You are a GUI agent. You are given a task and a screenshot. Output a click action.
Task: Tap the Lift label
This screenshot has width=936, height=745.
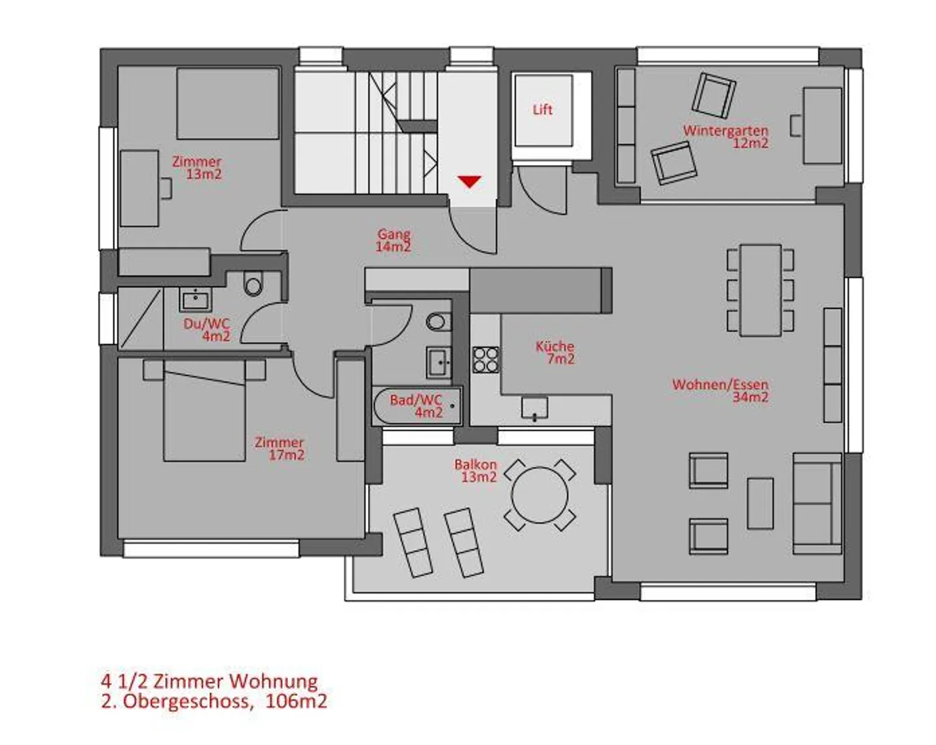click(542, 110)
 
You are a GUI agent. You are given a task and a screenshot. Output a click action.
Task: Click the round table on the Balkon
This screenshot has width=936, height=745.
click(539, 495)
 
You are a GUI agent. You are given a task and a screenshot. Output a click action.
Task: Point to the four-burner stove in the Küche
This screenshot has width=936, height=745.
click(486, 360)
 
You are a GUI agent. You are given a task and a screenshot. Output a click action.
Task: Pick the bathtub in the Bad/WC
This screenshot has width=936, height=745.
click(417, 406)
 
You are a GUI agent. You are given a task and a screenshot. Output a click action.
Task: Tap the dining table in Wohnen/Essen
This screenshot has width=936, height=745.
click(760, 290)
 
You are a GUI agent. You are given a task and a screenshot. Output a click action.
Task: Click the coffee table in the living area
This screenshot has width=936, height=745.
click(760, 503)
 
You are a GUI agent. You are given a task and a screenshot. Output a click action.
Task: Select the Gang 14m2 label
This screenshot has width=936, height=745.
click(394, 240)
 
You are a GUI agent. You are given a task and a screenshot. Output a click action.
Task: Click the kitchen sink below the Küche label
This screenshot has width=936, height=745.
click(534, 408)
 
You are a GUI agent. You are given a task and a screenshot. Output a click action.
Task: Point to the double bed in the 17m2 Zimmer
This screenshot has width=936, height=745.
click(204, 410)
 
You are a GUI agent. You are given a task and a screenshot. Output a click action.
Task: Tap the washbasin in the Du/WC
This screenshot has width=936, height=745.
click(195, 299)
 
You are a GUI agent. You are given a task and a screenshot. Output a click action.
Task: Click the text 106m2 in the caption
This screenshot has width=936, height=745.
click(296, 701)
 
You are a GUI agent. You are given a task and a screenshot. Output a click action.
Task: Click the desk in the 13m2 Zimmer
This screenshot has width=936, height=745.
click(139, 188)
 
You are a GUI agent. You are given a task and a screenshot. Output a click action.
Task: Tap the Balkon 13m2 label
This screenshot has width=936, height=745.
click(476, 470)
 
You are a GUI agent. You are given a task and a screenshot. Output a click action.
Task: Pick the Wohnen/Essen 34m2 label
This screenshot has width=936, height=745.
click(720, 391)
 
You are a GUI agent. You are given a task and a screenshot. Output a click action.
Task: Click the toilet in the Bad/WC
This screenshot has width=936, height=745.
click(438, 322)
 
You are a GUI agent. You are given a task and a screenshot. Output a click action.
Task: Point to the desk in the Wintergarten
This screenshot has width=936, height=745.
click(822, 125)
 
